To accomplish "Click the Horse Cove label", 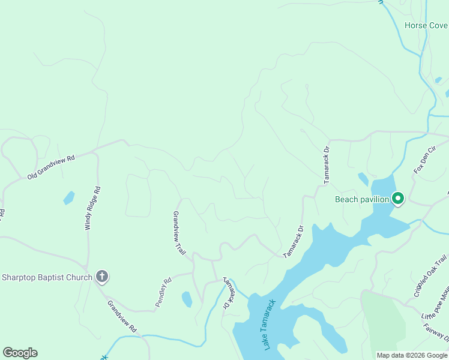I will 426,26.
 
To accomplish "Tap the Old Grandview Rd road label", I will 51,167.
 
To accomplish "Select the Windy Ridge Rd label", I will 92,208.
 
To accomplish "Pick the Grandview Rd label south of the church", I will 122,317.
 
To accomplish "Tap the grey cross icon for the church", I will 102,277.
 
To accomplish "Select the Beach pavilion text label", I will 363,199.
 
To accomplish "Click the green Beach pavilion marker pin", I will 397,198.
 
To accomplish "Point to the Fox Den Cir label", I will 424,161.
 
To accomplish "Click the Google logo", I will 20,353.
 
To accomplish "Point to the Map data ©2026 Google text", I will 412,355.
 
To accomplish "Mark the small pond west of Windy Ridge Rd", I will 69,197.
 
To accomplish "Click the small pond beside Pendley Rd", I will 187,299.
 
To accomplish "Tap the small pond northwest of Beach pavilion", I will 363,179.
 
